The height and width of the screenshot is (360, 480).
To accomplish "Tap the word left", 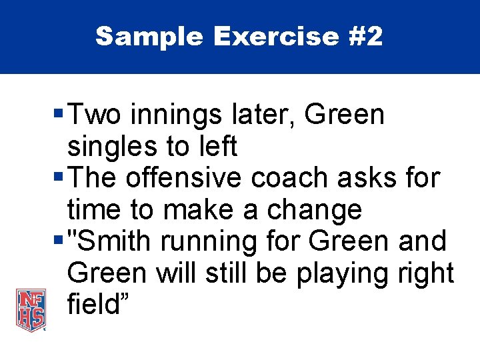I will (217, 147).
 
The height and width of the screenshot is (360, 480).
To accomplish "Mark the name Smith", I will (115, 241).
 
